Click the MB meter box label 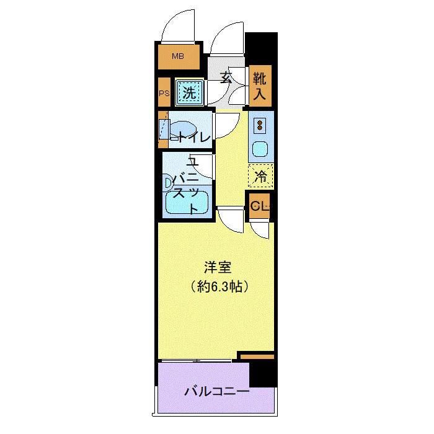point(178,57)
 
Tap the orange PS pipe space point(164,93)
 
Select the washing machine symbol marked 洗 point(188,93)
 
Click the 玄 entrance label point(227,78)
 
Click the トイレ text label point(194,136)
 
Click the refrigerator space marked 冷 point(261,176)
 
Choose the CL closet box point(260,206)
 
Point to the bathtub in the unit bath point(187,203)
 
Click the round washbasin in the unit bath point(168,182)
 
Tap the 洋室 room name point(218,268)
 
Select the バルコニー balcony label point(217,392)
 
